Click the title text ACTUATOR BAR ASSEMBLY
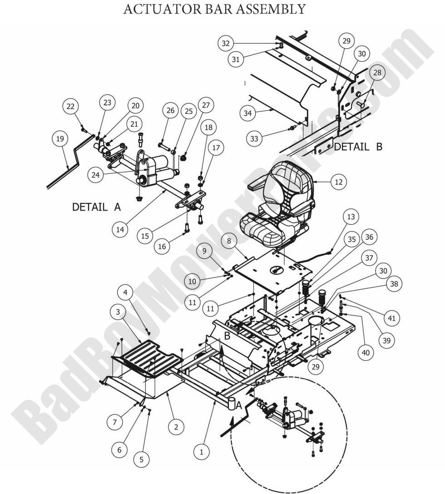click(214, 9)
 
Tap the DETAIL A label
click(97, 207)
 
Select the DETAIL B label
click(358, 147)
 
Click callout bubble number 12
click(338, 182)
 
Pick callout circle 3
click(119, 312)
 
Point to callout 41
click(391, 318)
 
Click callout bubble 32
click(226, 44)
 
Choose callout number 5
click(141, 459)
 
